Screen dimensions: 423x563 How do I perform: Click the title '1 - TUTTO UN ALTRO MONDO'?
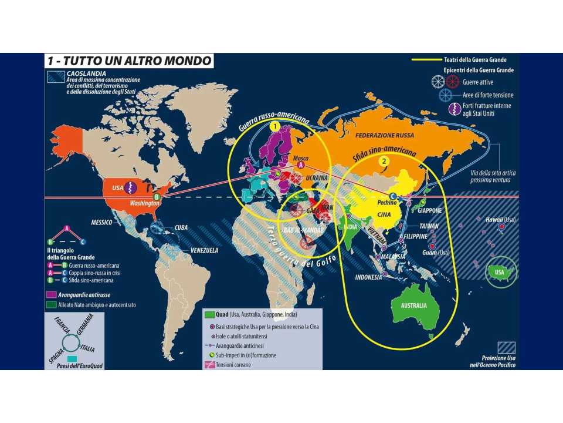(129, 61)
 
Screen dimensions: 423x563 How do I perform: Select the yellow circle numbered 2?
(384, 161)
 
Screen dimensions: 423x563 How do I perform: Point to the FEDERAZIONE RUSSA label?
(385, 135)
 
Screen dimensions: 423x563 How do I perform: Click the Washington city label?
(145, 203)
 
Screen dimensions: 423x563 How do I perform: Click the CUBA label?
(181, 227)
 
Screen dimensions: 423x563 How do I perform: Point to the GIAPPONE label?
(431, 210)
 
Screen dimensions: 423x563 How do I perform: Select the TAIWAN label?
(430, 226)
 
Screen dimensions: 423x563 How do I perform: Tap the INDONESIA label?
(370, 277)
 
